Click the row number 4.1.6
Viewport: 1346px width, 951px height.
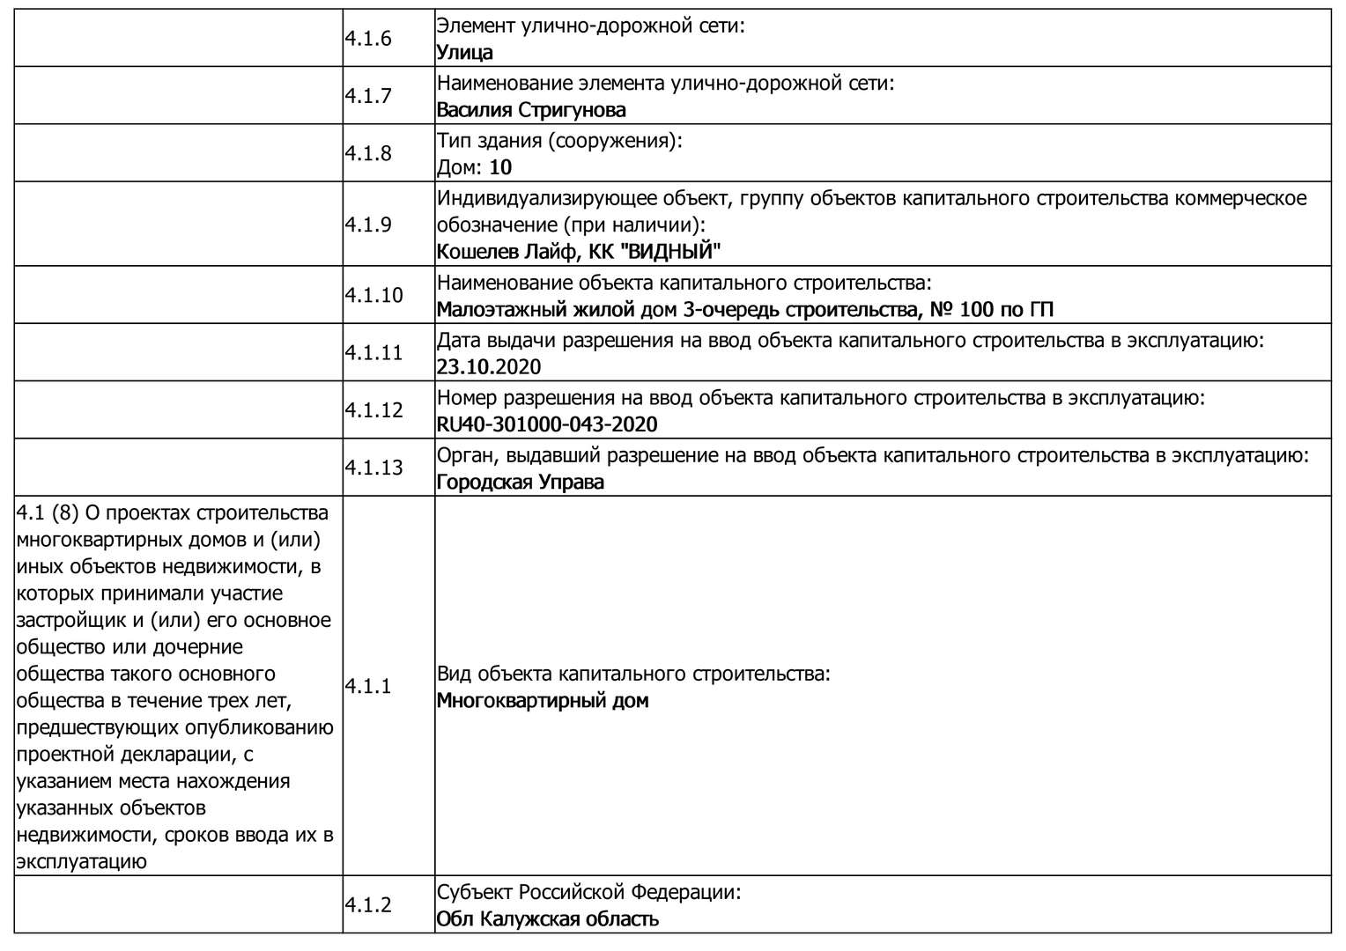368,39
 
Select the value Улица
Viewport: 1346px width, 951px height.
464,53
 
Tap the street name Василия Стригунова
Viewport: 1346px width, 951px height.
531,110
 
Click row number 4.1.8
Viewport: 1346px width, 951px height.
368,153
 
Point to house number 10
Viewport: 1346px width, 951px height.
500,167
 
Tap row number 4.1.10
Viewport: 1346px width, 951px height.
373,295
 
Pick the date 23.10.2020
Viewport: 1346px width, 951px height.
489,367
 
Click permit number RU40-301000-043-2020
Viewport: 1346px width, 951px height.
547,424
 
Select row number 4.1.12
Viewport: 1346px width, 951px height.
373,410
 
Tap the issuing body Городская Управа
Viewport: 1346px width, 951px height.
521,483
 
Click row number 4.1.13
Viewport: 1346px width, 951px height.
373,468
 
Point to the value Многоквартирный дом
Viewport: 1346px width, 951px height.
543,701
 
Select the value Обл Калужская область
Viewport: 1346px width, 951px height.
548,919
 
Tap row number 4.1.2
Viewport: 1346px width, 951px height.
368,905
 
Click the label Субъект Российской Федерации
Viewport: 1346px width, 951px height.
588,892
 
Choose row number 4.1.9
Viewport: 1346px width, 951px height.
368,225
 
